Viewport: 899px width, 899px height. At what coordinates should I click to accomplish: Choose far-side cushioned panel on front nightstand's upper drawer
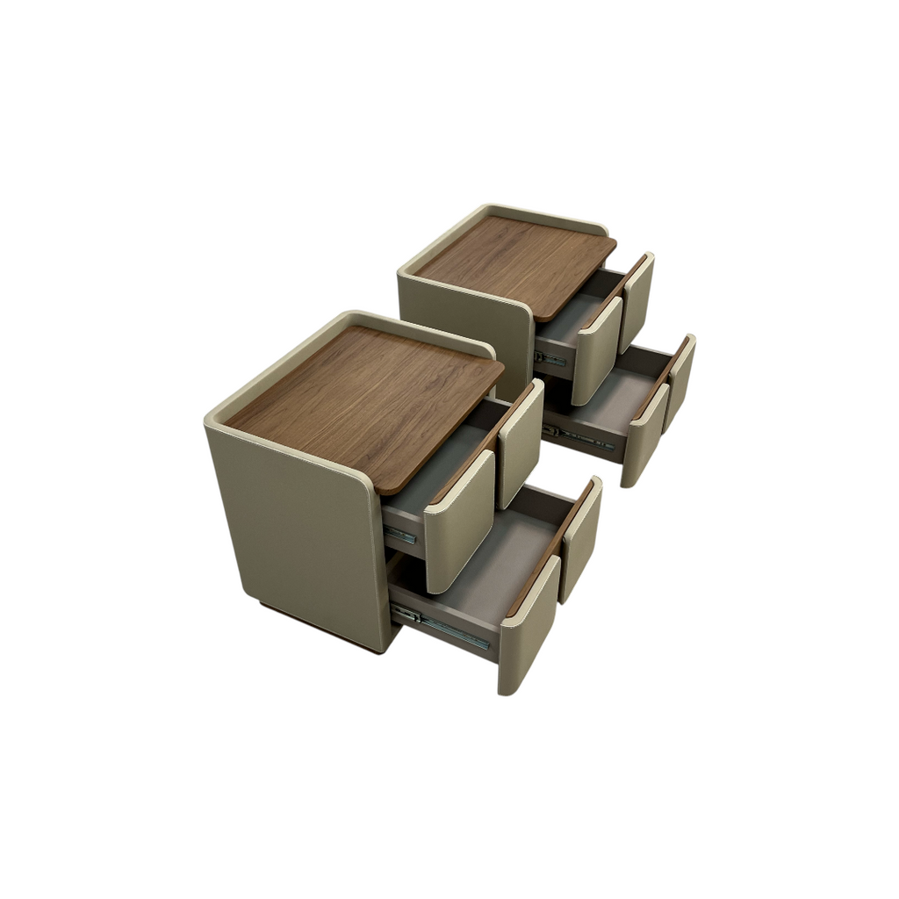click(x=520, y=443)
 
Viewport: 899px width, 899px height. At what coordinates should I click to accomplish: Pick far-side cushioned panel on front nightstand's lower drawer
click(x=581, y=537)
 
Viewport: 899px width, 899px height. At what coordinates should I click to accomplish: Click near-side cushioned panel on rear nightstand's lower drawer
click(x=644, y=435)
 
